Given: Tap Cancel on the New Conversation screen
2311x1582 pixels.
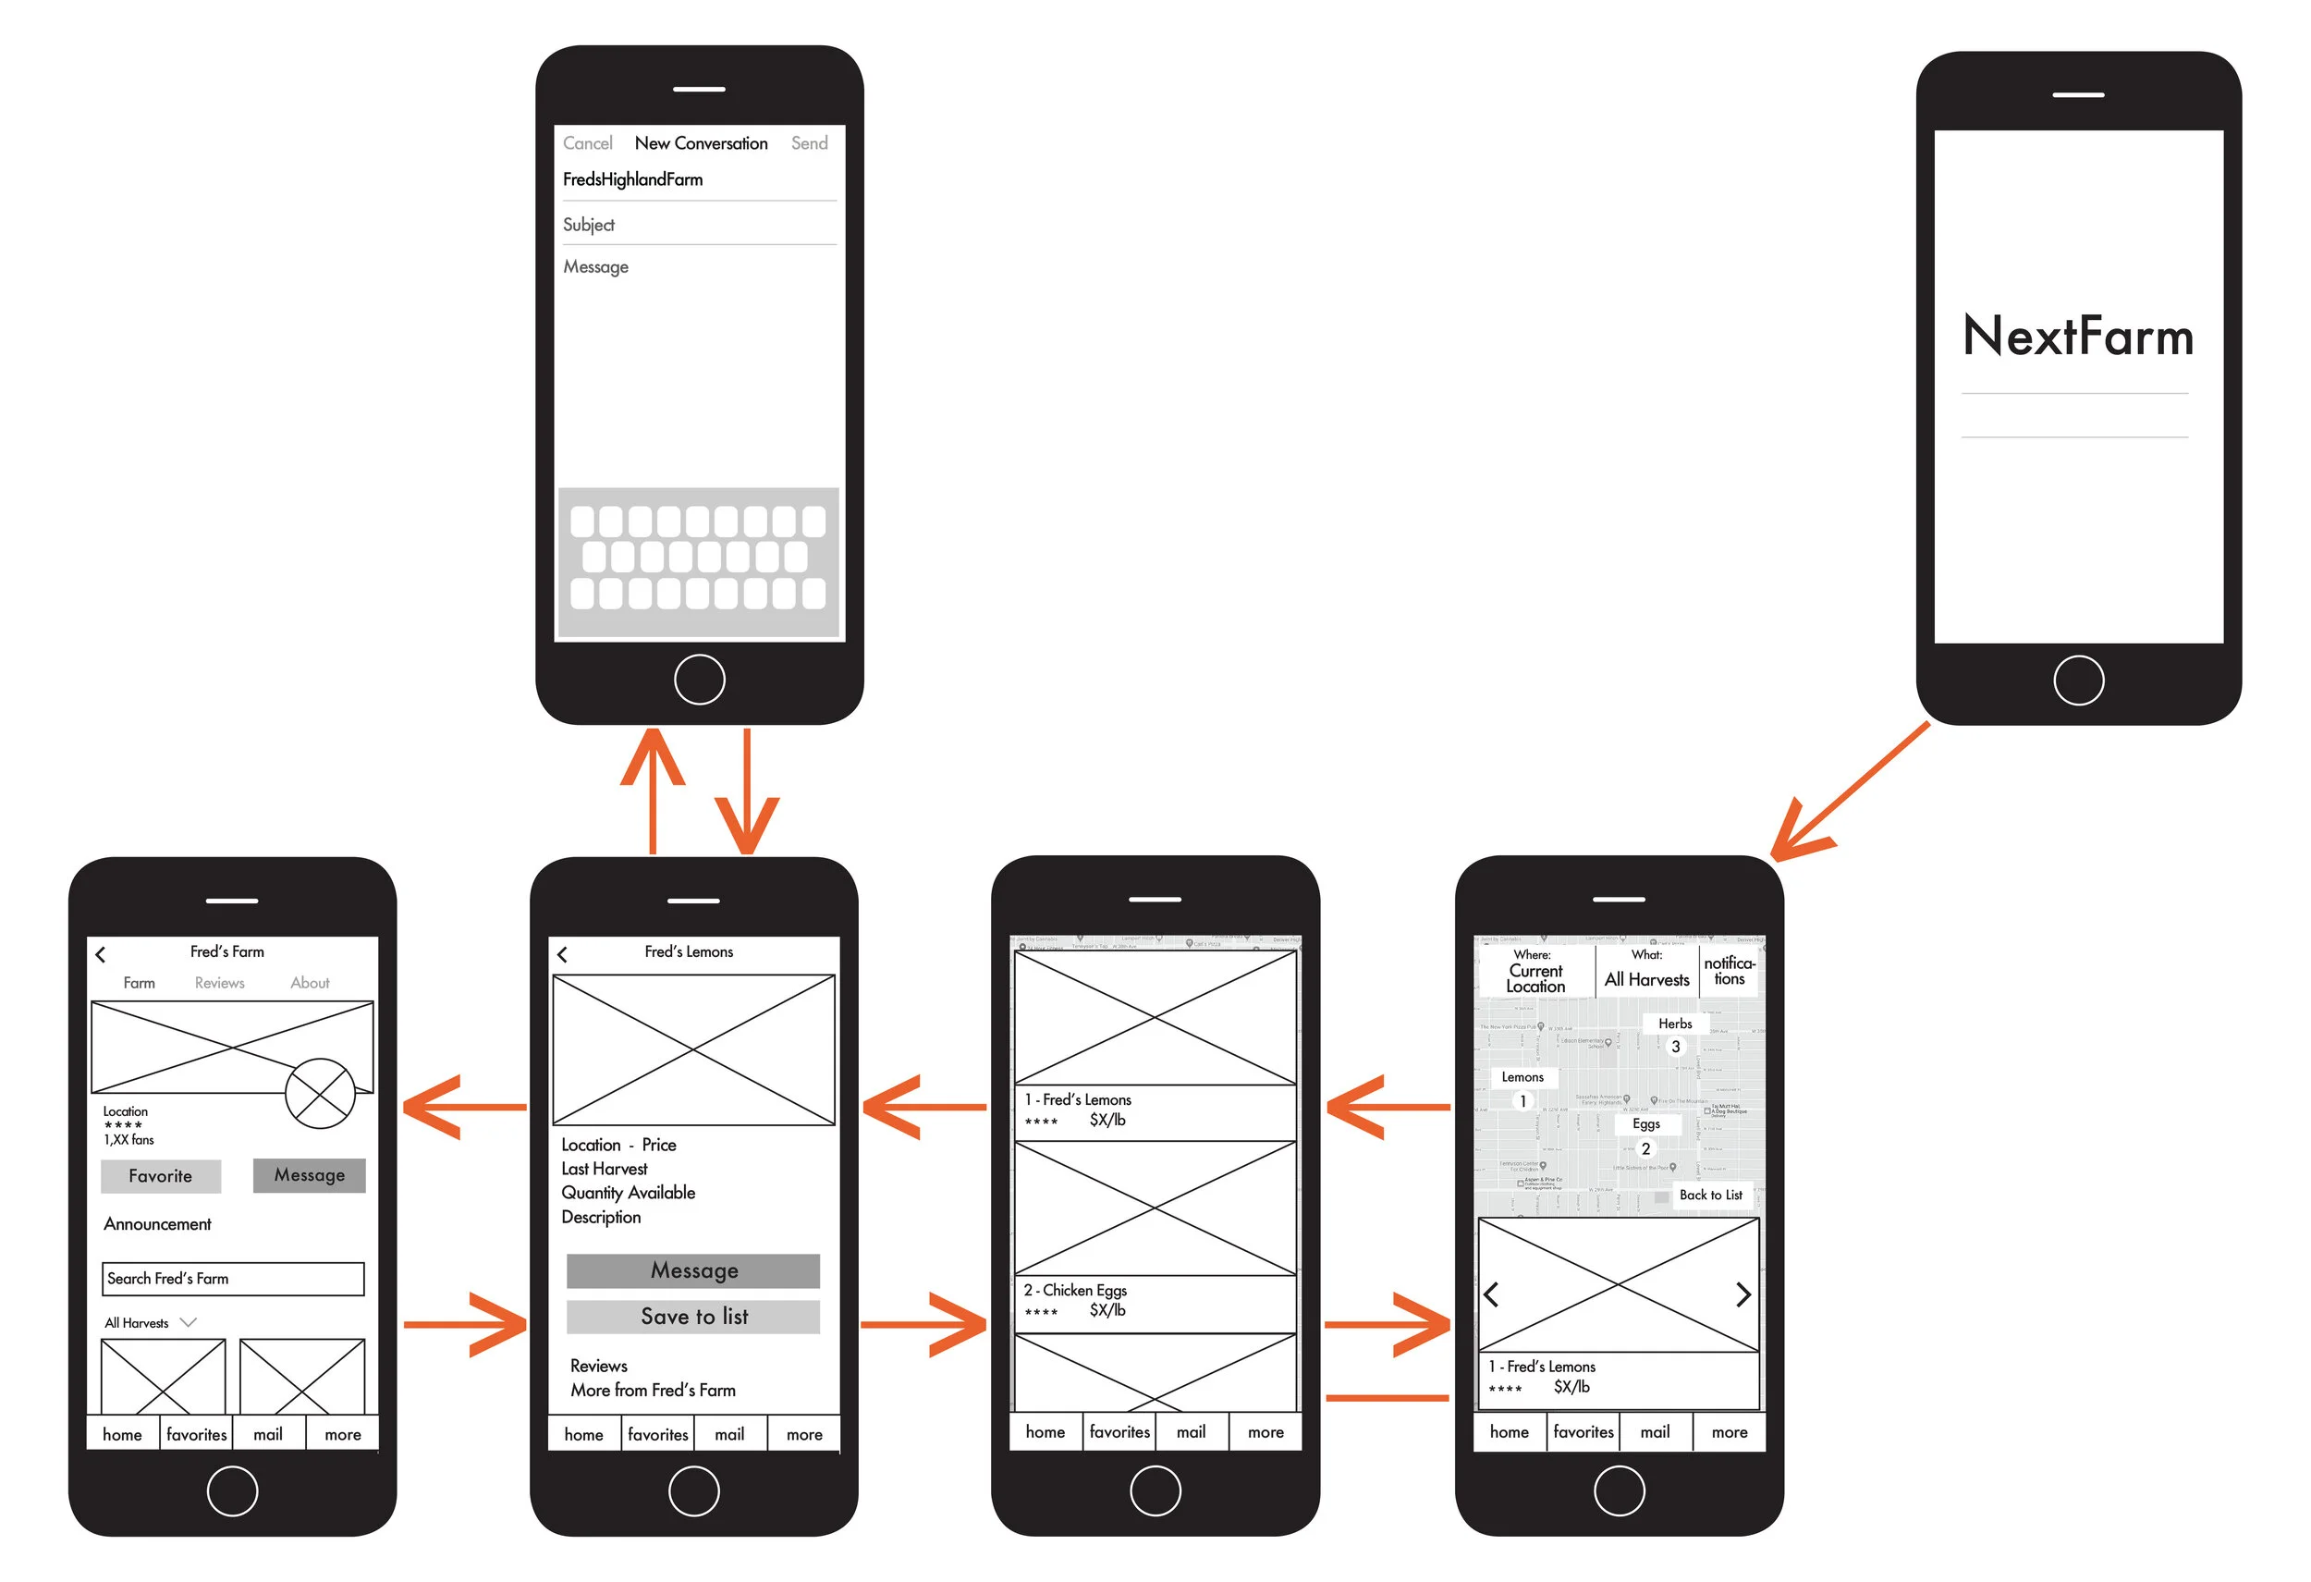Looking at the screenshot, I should [x=587, y=143].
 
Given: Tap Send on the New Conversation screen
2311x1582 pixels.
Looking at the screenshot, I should [x=809, y=143].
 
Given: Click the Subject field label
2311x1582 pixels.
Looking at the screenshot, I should [x=589, y=225].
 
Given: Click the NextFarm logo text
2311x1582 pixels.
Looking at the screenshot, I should [x=2077, y=336].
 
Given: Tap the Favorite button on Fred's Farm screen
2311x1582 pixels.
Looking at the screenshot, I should [x=160, y=1176].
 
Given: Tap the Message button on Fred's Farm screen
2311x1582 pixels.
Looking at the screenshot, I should [x=310, y=1175].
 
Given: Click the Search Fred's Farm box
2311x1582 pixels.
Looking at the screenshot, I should [x=233, y=1279].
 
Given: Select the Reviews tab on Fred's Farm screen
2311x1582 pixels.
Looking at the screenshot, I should [x=219, y=983].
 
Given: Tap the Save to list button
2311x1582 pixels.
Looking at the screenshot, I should [x=693, y=1317].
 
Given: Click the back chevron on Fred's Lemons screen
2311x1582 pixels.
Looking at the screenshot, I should [x=562, y=954].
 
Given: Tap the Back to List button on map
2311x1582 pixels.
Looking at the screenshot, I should [x=1709, y=1196].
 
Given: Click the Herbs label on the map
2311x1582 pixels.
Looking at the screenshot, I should [x=1675, y=1024].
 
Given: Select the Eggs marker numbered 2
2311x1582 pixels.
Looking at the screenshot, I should [x=1645, y=1148].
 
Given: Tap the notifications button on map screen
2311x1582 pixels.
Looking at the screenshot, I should [x=1730, y=971].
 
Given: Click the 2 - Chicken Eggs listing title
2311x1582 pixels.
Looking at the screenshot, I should [x=1075, y=1290].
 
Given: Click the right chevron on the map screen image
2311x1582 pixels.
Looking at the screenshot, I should [x=1742, y=1294].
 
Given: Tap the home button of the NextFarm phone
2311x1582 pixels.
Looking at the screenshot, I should [x=2078, y=681].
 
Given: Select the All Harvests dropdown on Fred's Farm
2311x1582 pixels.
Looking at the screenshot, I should [x=150, y=1322].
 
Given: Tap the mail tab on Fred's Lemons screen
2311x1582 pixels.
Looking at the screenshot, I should [x=729, y=1434].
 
